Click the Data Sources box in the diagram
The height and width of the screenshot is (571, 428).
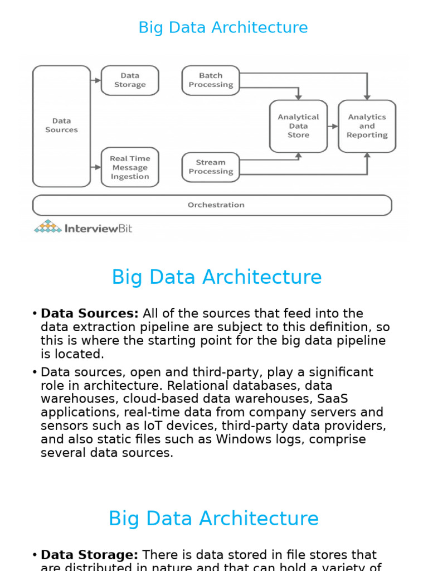pyautogui.click(x=61, y=125)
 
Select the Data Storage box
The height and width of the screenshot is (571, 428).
pyautogui.click(x=130, y=80)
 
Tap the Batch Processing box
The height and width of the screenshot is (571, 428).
pyautogui.click(x=211, y=80)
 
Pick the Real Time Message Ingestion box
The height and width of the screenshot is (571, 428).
pyautogui.click(x=130, y=167)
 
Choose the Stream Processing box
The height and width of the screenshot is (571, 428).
pyautogui.click(x=211, y=167)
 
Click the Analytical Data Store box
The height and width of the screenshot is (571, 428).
pyautogui.click(x=298, y=126)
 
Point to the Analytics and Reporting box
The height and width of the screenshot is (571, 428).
pyautogui.click(x=367, y=126)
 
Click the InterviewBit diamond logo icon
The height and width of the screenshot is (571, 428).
pyautogui.click(x=48, y=226)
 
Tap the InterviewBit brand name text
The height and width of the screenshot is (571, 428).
pyautogui.click(x=99, y=228)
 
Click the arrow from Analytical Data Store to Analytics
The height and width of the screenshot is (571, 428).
pyautogui.click(x=333, y=127)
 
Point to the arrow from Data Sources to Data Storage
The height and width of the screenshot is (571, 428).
pyautogui.click(x=96, y=80)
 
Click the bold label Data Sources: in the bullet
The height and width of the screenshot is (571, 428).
pyautogui.click(x=90, y=313)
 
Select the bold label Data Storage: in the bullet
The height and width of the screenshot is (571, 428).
pyautogui.click(x=90, y=555)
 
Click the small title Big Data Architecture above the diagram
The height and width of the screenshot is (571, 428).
pyautogui.click(x=223, y=27)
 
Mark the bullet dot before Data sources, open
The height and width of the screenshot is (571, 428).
pyautogui.click(x=35, y=372)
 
